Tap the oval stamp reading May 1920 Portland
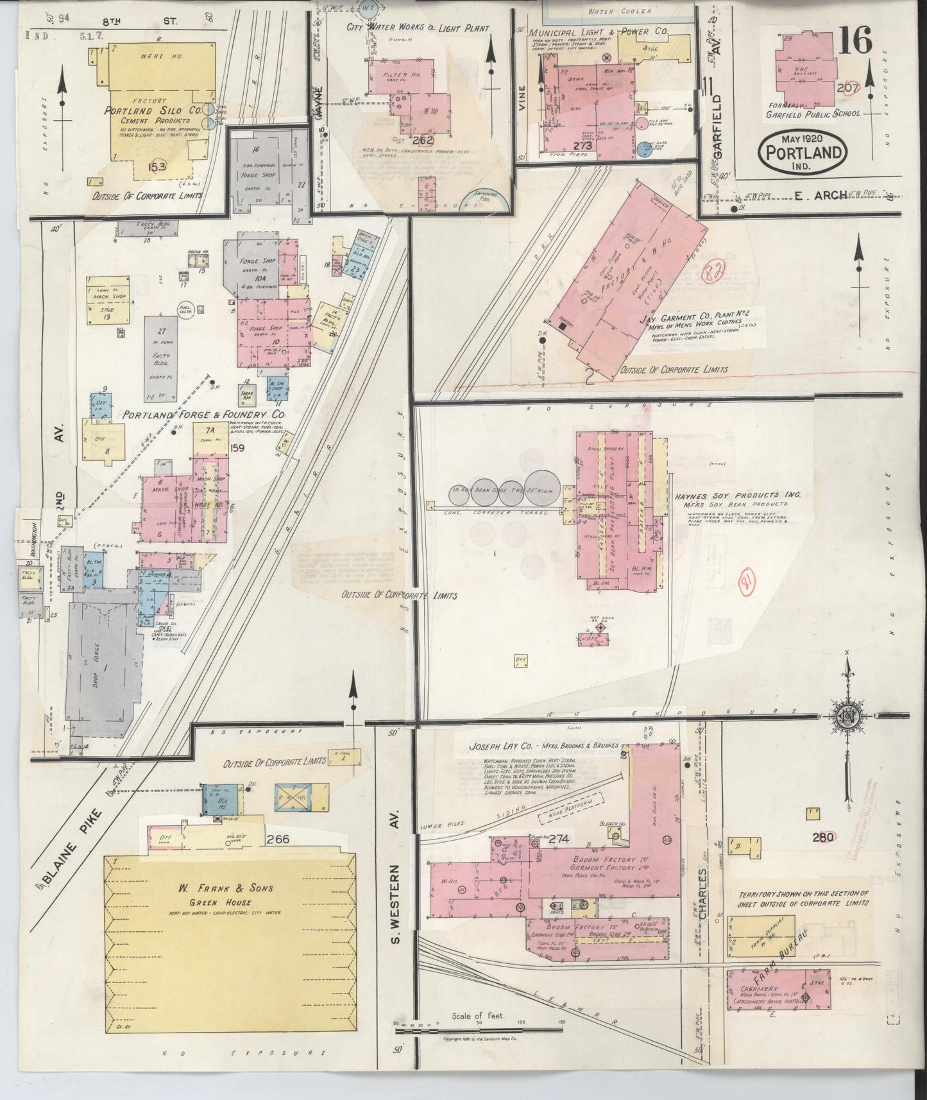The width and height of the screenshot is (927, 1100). tap(803, 151)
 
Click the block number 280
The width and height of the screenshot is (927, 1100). tap(822, 837)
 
